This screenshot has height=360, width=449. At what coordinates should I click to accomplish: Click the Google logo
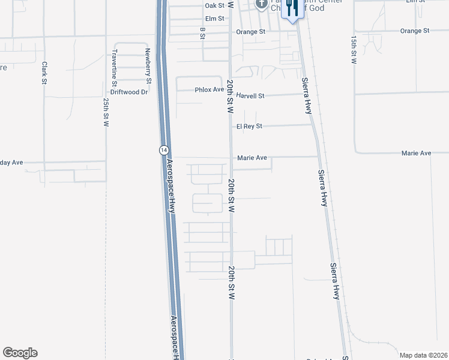(20, 353)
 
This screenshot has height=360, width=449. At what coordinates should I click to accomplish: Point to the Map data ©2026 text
(423, 355)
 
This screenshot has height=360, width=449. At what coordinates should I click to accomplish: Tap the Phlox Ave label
(209, 90)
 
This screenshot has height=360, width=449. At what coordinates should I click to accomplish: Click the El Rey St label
(249, 126)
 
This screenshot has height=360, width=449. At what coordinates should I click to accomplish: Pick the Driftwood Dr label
(129, 92)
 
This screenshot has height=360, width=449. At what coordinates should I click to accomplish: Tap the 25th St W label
(106, 112)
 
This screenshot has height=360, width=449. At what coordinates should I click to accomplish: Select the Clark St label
(44, 72)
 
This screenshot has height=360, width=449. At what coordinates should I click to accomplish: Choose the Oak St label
(214, 5)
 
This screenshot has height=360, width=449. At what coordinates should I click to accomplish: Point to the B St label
(203, 34)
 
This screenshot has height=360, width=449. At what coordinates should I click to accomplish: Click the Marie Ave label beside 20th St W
(252, 158)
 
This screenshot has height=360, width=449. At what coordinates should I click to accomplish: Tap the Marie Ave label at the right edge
(417, 154)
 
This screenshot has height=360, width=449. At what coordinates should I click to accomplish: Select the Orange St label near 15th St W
(415, 31)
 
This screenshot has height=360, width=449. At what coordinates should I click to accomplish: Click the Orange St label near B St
(250, 32)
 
